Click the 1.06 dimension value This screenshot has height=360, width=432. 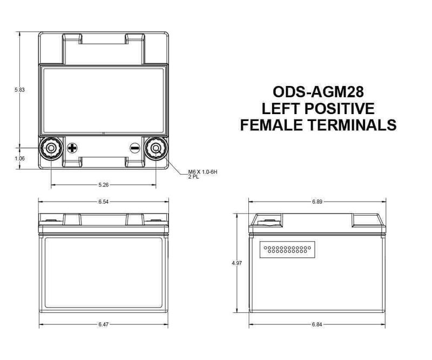click(x=20, y=158)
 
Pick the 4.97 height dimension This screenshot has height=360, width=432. click(x=236, y=263)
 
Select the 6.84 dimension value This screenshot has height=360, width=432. click(x=318, y=325)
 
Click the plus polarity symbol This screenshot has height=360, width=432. click(x=72, y=147)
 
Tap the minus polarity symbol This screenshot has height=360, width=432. click(x=135, y=147)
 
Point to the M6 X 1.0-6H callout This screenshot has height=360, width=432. click(x=198, y=172)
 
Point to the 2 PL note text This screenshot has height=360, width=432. click(x=193, y=177)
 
